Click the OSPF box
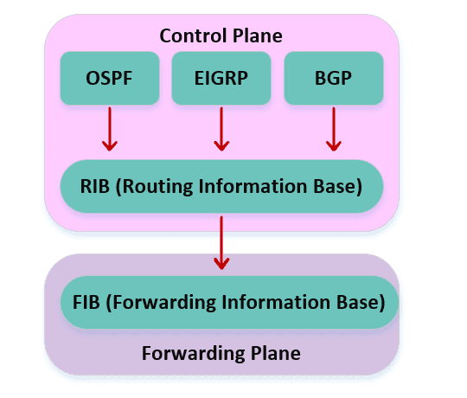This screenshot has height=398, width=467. (x=110, y=78)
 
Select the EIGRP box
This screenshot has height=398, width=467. (x=221, y=78)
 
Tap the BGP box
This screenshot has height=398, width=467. (x=334, y=78)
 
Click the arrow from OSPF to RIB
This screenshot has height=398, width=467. (x=110, y=129)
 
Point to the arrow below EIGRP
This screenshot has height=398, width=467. (x=221, y=129)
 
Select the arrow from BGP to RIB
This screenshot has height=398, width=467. (x=334, y=129)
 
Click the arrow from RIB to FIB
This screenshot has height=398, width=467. (x=221, y=242)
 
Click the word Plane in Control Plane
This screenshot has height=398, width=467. (x=258, y=35)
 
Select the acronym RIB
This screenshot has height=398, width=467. (x=95, y=186)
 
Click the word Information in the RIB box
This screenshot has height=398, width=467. (x=253, y=186)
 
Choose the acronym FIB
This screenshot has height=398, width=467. (x=86, y=302)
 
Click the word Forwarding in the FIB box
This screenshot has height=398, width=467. (x=161, y=303)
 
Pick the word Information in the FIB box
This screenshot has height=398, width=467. (x=276, y=302)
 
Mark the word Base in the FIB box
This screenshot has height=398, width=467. (x=361, y=303)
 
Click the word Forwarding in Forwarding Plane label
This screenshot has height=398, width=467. (x=193, y=354)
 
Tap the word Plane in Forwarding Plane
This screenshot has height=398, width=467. (x=276, y=353)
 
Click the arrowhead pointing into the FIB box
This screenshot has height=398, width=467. (x=221, y=264)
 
